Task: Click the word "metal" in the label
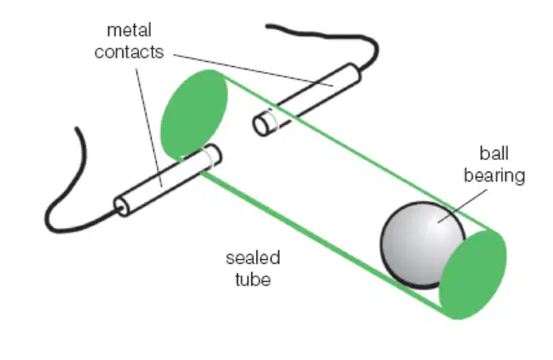tap(129, 30)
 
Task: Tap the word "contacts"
tap(129, 52)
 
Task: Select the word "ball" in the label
tap(494, 153)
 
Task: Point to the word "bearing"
tap(494, 176)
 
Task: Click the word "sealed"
tap(253, 258)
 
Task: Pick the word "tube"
tap(253, 280)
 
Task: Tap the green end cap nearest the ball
tap(473, 275)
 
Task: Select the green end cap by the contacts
tap(194, 115)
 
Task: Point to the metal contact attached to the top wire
tap(307, 100)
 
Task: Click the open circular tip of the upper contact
tap(261, 126)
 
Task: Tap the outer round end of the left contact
tap(121, 207)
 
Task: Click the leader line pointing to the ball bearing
tap(463, 206)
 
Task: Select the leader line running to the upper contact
tap(253, 70)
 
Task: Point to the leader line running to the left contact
tap(149, 127)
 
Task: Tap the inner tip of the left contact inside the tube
tap(214, 154)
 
